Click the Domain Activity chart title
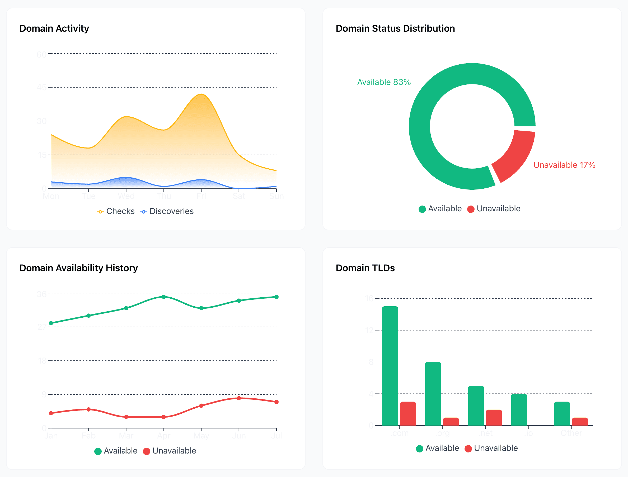(x=54, y=28)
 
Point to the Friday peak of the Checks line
(x=201, y=94)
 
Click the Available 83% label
(x=384, y=82)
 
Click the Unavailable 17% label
(x=564, y=165)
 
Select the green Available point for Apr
(x=164, y=297)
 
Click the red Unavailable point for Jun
(x=239, y=398)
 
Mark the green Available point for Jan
(x=51, y=323)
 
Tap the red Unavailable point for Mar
(x=126, y=417)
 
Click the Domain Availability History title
(x=78, y=268)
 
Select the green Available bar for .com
(x=390, y=366)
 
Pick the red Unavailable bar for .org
(x=451, y=422)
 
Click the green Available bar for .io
(x=519, y=410)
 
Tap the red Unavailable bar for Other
(x=580, y=422)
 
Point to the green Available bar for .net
(x=476, y=406)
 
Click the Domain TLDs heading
(x=365, y=268)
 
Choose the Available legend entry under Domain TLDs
(x=438, y=448)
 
